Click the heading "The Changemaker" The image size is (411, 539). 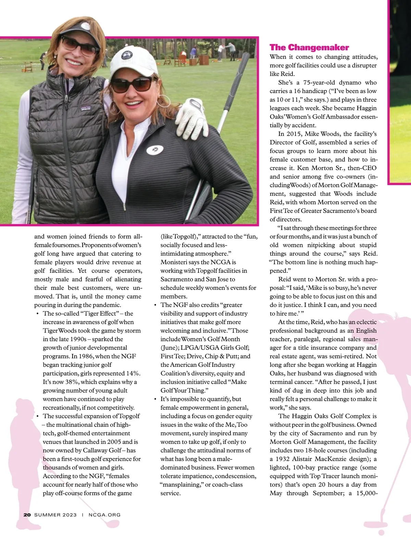(309, 47)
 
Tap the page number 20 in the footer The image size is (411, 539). (27, 515)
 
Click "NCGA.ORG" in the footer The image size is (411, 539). (104, 515)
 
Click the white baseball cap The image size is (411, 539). (129, 62)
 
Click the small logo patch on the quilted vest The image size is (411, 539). (86, 109)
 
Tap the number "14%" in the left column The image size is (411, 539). (133, 373)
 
